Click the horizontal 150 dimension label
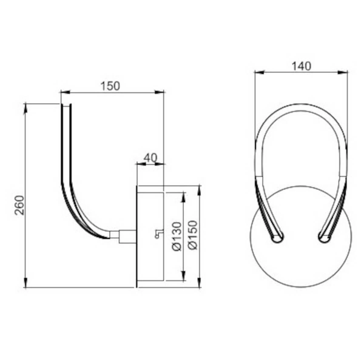[109, 86]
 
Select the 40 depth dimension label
[150, 158]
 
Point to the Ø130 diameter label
[177, 237]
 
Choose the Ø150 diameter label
[194, 237]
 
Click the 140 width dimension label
[301, 66]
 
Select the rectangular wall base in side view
[150, 237]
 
